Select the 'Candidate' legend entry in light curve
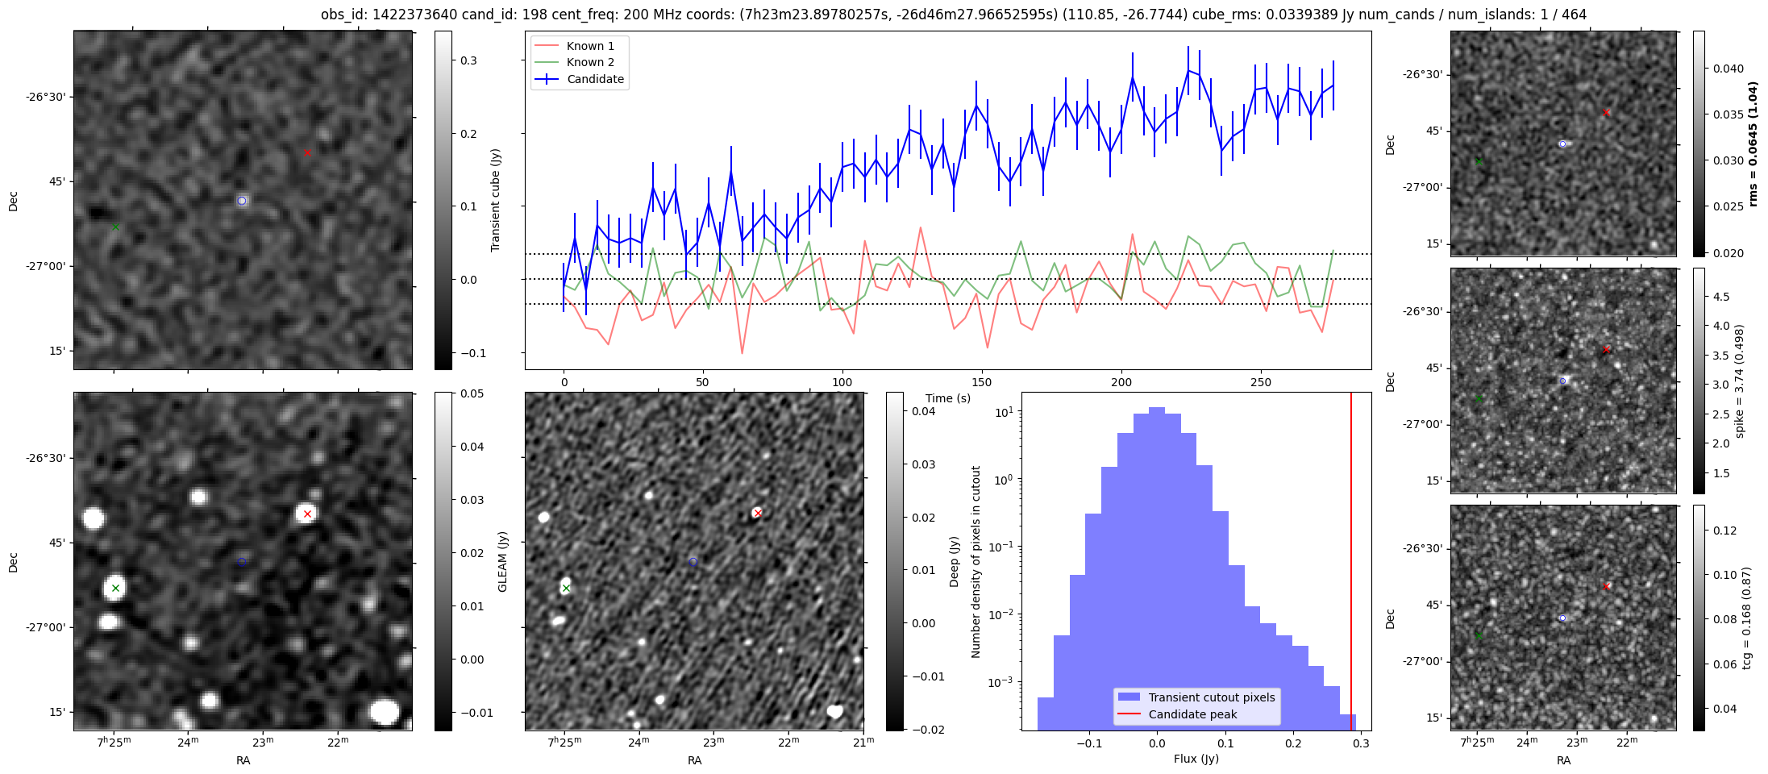pos(595,79)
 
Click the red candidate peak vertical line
pos(1351,564)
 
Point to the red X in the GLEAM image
pos(307,514)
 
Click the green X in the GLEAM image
pos(115,588)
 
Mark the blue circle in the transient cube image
pos(242,201)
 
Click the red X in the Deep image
pos(757,513)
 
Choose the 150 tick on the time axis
pos(982,382)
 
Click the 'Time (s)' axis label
pos(948,398)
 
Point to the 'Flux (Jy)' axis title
pos(1196,759)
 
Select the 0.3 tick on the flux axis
pos(1362,743)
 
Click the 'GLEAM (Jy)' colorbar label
pos(503,561)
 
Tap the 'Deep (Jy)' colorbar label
pos(955,561)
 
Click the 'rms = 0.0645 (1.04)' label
pos(1753,144)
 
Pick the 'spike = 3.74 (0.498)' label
pos(1740,381)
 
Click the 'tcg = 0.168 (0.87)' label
pos(1747,618)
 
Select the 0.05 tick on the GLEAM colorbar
pos(472,393)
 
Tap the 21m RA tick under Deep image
pos(863,742)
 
